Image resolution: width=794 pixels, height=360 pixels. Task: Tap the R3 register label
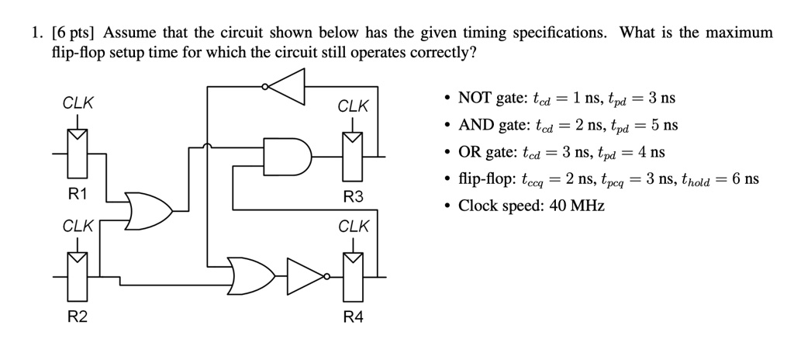(x=353, y=196)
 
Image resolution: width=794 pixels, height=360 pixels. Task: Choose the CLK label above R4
(x=353, y=227)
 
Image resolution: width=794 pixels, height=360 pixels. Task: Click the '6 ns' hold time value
(x=743, y=179)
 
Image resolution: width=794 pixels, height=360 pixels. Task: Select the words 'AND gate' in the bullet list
(x=490, y=125)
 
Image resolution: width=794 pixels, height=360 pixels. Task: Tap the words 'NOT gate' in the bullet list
(x=489, y=98)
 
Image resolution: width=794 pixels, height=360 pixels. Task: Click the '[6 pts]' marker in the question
(x=74, y=33)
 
